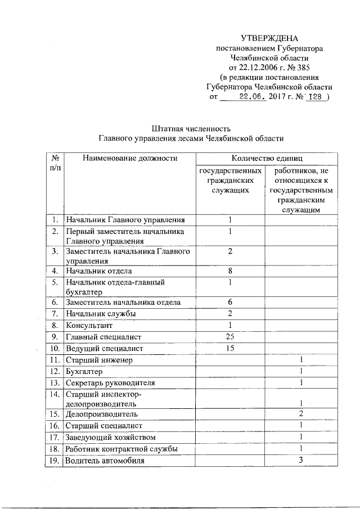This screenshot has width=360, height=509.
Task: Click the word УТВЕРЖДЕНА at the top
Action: (269, 38)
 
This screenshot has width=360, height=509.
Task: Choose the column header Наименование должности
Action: (130, 159)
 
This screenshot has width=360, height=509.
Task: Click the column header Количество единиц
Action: (265, 159)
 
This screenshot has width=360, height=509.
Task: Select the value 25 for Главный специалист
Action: (230, 337)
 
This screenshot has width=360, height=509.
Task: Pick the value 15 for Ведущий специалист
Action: (230, 349)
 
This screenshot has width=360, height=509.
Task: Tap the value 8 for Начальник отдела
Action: (230, 271)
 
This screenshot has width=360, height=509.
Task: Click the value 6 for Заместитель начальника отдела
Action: (230, 302)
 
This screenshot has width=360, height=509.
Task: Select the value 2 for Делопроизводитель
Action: (301, 414)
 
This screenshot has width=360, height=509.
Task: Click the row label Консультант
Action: (89, 325)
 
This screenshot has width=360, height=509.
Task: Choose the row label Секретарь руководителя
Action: (110, 383)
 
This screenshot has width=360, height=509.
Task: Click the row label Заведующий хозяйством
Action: (110, 437)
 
